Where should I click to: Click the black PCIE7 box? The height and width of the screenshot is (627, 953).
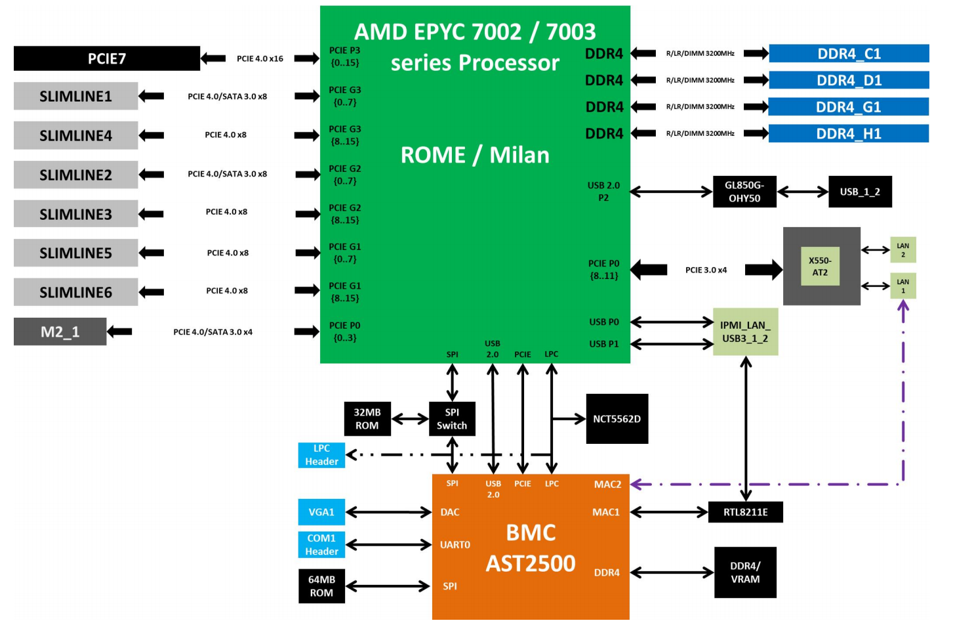[x=106, y=58]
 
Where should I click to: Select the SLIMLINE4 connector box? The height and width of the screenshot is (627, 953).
[x=75, y=135]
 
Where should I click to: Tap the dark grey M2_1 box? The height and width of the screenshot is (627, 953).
[x=60, y=332]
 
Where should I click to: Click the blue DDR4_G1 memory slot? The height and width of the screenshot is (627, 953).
[x=848, y=107]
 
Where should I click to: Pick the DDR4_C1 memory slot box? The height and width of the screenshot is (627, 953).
[x=849, y=54]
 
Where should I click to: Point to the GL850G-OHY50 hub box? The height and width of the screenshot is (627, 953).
[x=744, y=192]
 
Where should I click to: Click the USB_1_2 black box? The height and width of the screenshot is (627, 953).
[x=860, y=192]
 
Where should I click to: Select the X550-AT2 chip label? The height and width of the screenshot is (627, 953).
[x=820, y=267]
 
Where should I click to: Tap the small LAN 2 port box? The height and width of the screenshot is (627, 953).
[x=902, y=250]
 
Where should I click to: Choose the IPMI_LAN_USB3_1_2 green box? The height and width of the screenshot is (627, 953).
[x=745, y=332]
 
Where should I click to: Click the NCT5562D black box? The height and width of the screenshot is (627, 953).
[x=617, y=419]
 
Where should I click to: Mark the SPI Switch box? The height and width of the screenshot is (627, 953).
[x=452, y=419]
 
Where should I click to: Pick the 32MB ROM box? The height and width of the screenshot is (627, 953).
[x=367, y=419]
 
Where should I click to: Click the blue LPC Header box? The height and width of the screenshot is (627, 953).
[x=321, y=455]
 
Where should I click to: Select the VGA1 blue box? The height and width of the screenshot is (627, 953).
[x=321, y=512]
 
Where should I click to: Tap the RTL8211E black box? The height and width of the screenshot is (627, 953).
[x=745, y=512]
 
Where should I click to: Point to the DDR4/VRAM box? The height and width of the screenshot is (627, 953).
[x=745, y=573]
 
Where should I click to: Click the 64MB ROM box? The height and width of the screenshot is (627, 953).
[x=321, y=586]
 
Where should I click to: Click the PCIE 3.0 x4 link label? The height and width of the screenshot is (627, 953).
[x=706, y=270]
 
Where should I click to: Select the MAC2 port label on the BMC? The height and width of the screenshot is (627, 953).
[x=607, y=485]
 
